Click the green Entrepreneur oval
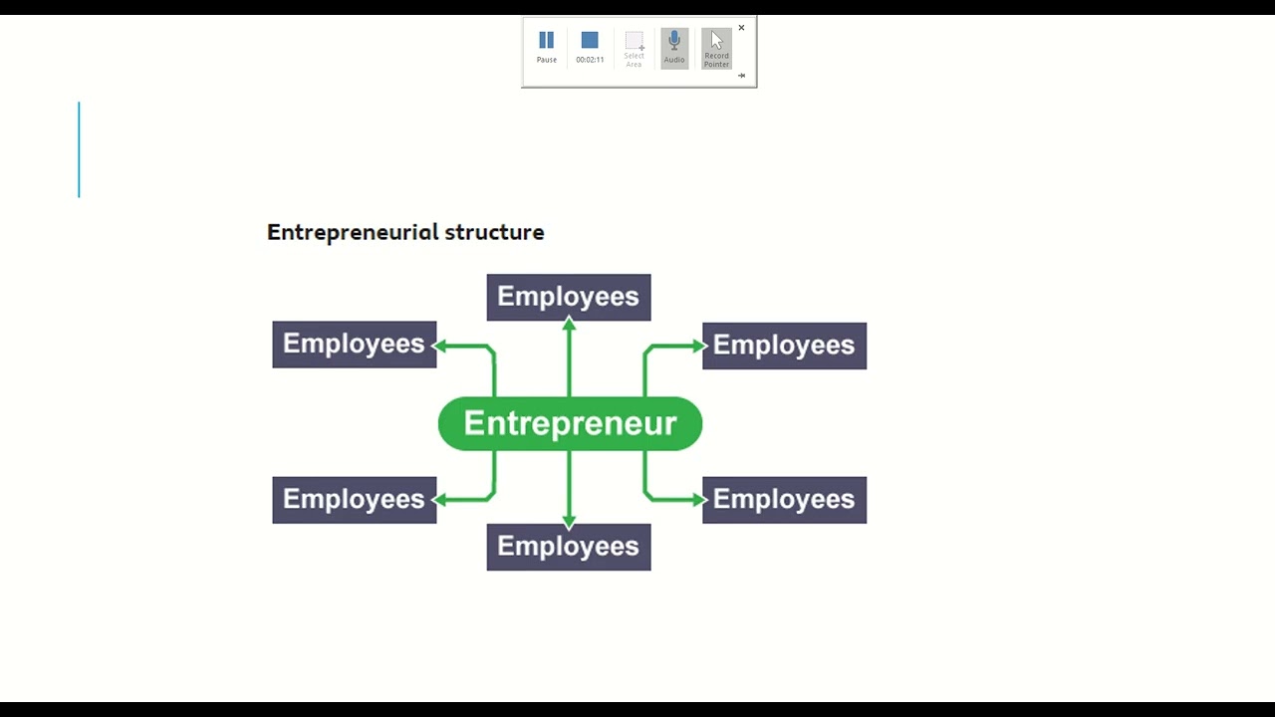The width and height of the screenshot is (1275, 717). click(570, 423)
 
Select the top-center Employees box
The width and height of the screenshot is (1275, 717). click(568, 297)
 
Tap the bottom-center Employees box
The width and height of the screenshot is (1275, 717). click(568, 547)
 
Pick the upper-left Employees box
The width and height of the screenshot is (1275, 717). click(354, 345)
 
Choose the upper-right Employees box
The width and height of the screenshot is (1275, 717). click(784, 346)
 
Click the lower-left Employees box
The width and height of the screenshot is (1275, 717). click(354, 499)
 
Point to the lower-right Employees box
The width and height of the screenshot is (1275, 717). click(784, 499)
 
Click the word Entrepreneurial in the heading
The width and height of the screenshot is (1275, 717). click(352, 232)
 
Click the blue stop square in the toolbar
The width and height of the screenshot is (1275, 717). click(590, 41)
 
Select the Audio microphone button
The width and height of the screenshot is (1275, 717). click(674, 46)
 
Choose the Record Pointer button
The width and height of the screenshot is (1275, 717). click(716, 47)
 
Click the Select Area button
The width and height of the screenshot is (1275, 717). click(634, 47)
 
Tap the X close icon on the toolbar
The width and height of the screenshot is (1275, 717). click(741, 28)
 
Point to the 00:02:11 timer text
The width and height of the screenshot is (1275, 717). click(590, 60)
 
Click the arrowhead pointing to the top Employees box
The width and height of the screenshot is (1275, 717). click(569, 324)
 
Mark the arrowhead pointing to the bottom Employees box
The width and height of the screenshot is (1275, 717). click(569, 521)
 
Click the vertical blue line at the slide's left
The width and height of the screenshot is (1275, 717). click(79, 149)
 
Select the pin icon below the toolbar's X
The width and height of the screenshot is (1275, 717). click(741, 76)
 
